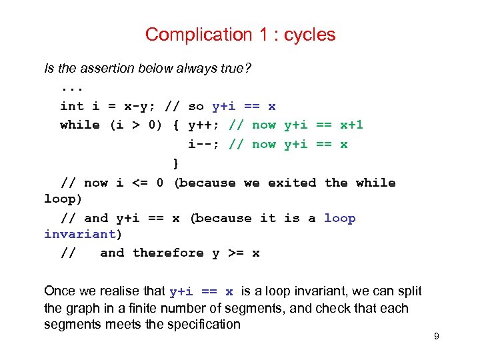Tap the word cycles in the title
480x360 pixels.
coord(310,35)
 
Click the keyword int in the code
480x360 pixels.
coord(72,106)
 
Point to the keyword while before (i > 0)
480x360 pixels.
coord(79,125)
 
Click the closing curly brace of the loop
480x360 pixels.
coord(176,163)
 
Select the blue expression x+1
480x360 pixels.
coord(351,125)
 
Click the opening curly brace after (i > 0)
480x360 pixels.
coord(176,125)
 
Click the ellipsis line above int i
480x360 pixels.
coord(72,87)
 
